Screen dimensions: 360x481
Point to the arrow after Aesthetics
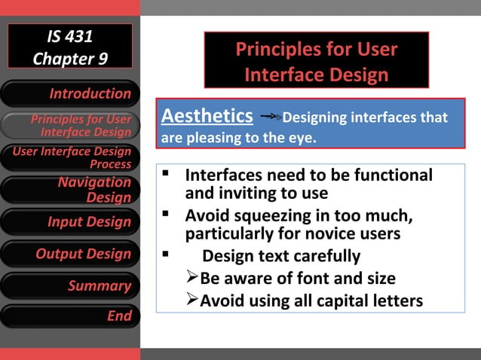(x=269, y=117)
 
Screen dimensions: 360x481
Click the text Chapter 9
(x=69, y=58)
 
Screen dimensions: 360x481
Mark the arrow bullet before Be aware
(x=192, y=278)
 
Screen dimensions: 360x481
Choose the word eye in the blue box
(x=299, y=139)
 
